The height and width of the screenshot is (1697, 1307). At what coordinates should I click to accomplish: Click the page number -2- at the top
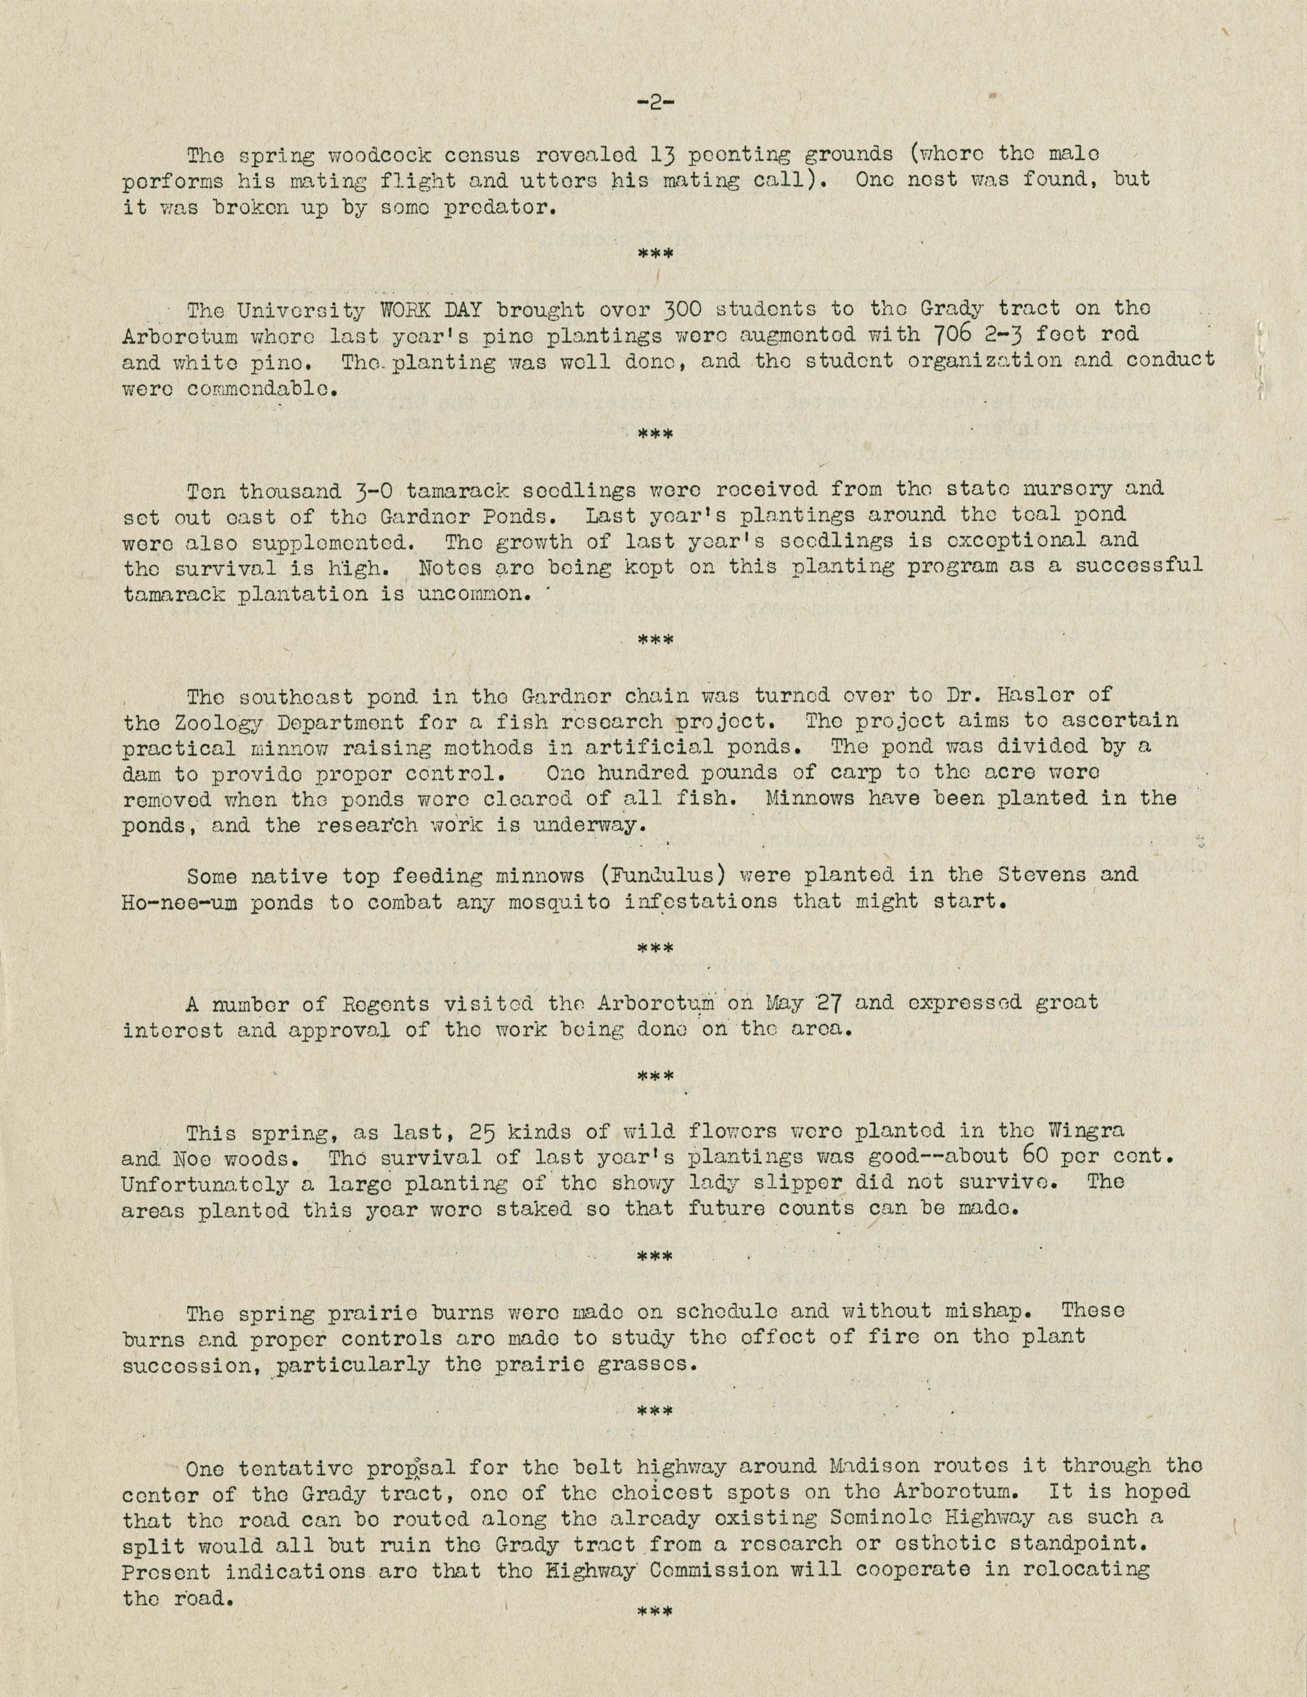click(x=653, y=103)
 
